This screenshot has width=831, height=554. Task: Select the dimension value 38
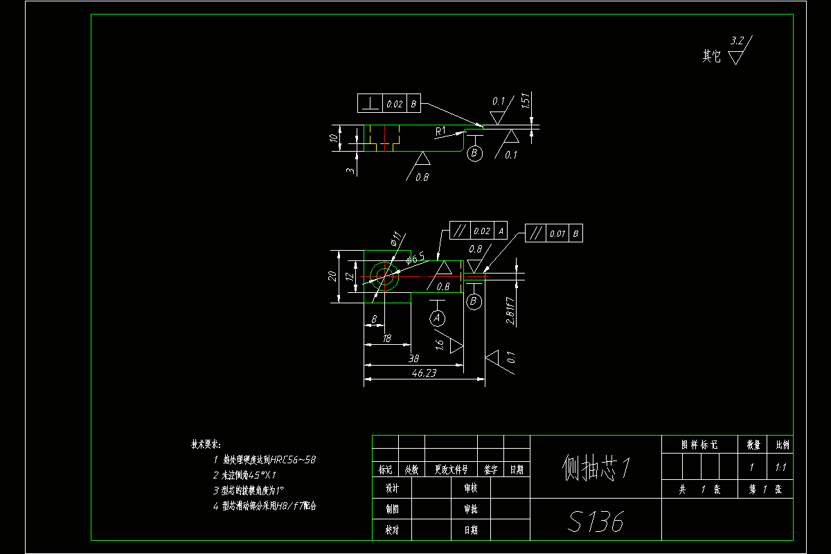coord(413,359)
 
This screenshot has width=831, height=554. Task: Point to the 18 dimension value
coord(386,339)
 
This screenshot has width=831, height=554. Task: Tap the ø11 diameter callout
coord(396,240)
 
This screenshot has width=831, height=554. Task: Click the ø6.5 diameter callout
coord(415,258)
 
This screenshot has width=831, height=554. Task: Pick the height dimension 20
coord(332,276)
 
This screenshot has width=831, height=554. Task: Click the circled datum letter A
coord(437,318)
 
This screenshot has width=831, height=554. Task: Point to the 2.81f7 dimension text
coord(510,310)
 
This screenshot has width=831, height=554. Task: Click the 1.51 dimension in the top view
coord(526,101)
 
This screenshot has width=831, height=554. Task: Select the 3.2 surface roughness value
coord(738,42)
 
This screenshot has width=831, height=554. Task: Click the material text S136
coord(596,521)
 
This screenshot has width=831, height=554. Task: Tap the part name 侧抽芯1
coord(596,467)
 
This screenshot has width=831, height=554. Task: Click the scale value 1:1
coord(780,467)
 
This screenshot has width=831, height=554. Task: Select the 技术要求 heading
coord(205,444)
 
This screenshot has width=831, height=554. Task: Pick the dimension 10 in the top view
coord(334,138)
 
